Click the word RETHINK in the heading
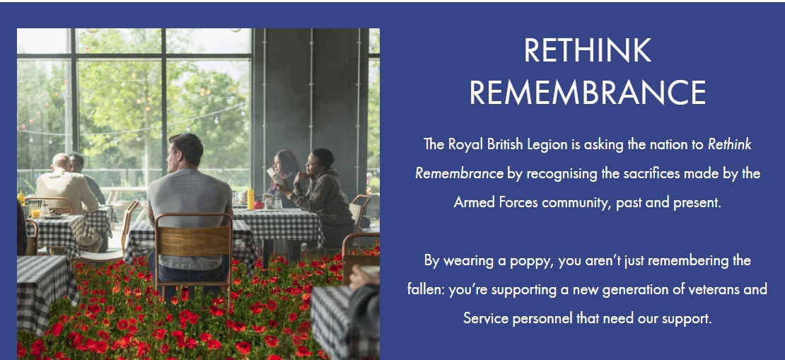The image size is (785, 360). point(587,51)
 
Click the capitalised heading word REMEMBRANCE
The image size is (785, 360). point(587,92)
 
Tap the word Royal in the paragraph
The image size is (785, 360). point(465,145)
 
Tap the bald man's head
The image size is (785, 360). point(62,162)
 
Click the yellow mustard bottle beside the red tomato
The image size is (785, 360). point(250,199)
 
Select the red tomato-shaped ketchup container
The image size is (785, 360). point(258,205)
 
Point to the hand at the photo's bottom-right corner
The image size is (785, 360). point(364,276)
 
